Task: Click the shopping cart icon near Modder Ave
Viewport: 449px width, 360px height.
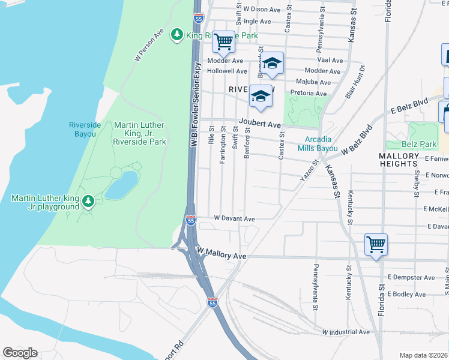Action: tap(223, 41)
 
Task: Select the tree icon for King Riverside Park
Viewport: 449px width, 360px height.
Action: tap(177, 35)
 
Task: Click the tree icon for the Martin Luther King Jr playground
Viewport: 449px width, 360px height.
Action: tap(88, 200)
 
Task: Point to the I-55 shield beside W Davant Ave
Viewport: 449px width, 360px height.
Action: tap(191, 221)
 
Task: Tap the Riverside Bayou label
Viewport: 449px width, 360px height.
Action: tap(82, 129)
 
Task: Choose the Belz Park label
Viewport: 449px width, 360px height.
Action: tap(420, 145)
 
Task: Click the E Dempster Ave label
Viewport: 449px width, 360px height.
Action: tap(411, 277)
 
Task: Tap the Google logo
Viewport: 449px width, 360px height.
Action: tap(19, 353)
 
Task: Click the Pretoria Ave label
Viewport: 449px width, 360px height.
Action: tap(308, 94)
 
